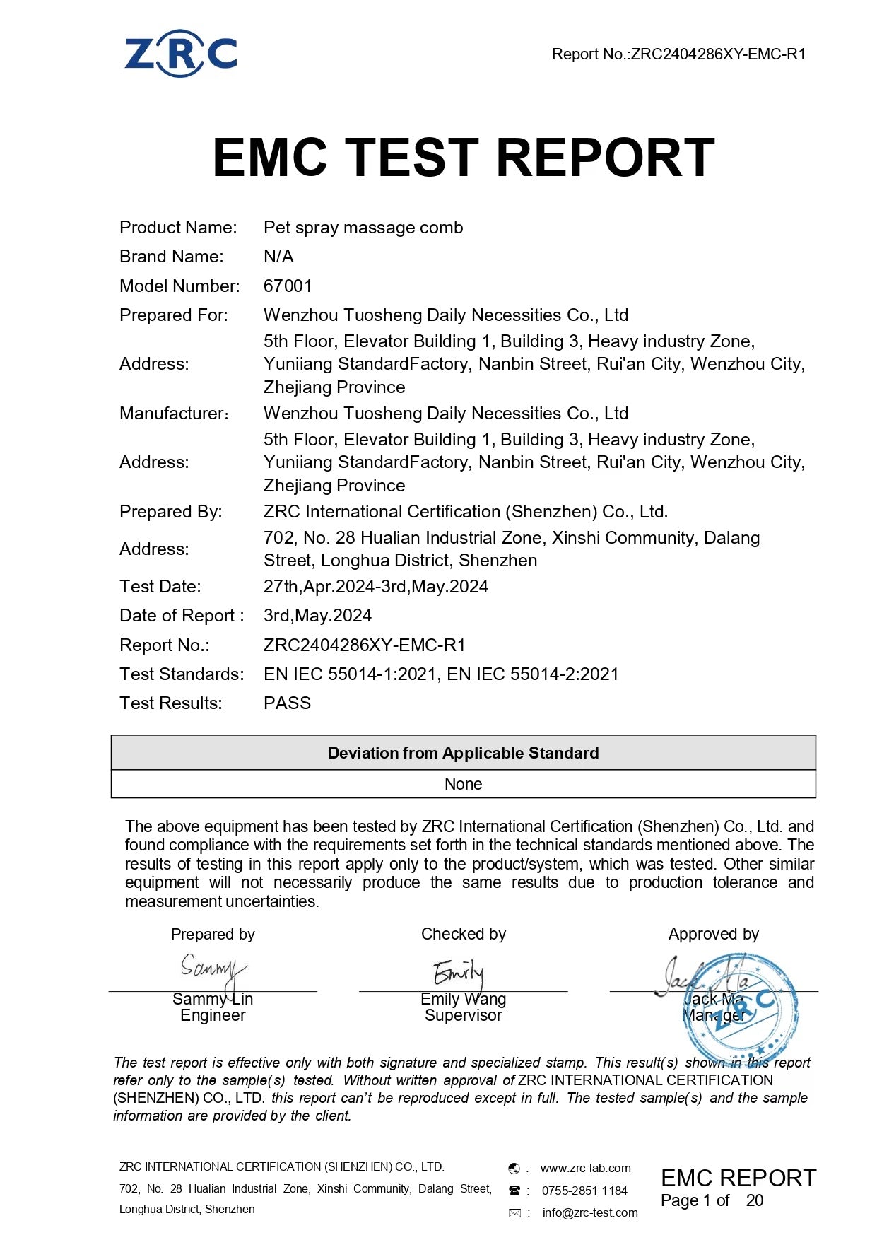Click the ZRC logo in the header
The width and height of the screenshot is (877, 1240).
coord(181,53)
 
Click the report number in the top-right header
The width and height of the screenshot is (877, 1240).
coord(678,54)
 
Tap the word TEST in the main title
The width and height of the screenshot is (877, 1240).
coord(412,157)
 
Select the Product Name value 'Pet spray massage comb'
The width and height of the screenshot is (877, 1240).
coord(363,228)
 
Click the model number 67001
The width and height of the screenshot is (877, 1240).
coord(288,286)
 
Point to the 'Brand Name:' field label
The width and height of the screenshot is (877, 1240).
coord(172,257)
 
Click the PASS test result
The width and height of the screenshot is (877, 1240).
coord(287,703)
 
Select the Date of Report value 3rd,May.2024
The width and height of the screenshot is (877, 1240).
coord(317,616)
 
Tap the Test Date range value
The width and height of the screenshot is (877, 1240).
coord(375,587)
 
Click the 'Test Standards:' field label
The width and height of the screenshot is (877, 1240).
coord(182,674)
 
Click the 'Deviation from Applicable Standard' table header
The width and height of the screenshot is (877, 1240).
coord(463,753)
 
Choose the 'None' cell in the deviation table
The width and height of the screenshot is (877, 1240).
coord(463,784)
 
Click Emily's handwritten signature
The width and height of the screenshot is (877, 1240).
coord(459,973)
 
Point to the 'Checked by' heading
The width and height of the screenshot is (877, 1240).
coord(463,934)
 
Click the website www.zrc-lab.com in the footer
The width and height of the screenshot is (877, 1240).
coord(585,1168)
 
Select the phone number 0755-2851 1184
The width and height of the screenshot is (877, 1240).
coord(584,1191)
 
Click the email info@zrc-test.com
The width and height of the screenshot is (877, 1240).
coord(590,1212)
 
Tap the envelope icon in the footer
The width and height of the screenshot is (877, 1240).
coord(514,1213)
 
